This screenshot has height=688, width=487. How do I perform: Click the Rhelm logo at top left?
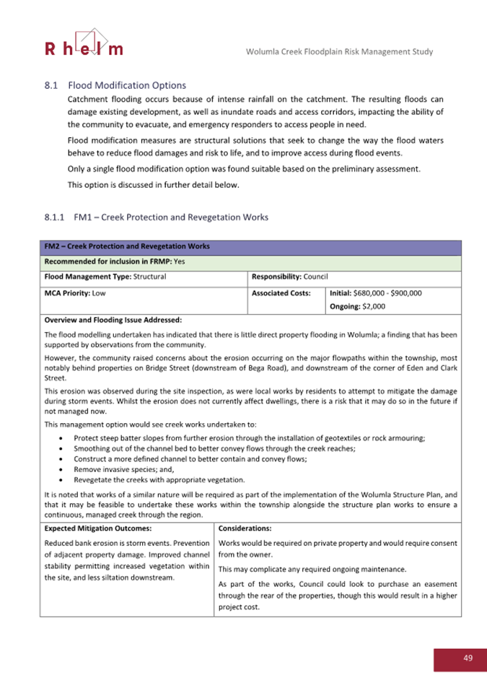coord(84,43)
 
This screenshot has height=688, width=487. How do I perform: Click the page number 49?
coord(468,658)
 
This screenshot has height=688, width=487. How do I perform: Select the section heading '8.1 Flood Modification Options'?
coord(115,84)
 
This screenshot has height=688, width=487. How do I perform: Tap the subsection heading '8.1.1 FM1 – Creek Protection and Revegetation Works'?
coord(156,217)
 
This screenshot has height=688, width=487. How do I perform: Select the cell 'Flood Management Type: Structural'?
coord(105,276)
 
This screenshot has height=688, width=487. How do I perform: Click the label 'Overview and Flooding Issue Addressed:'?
coord(113,320)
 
